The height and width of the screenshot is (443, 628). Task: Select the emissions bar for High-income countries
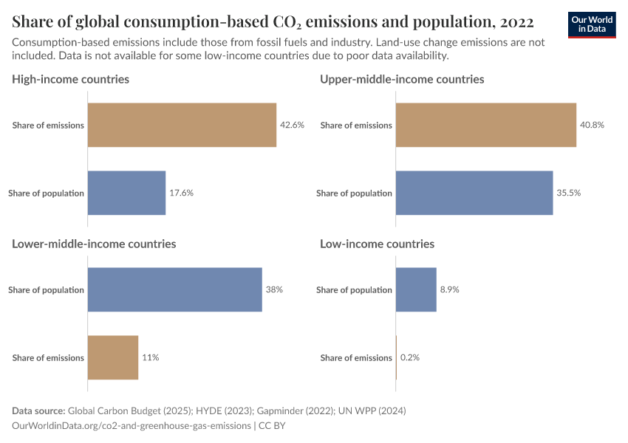(182, 125)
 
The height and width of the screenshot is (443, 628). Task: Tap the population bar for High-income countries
(126, 193)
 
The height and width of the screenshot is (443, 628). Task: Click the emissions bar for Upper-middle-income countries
(485, 125)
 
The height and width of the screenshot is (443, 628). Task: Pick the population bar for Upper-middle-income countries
(474, 193)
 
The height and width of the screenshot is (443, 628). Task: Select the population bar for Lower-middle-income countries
(175, 289)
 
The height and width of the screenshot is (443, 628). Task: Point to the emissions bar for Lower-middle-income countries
(113, 357)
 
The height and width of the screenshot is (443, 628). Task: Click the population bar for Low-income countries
(416, 289)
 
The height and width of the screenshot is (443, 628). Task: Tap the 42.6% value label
(292, 125)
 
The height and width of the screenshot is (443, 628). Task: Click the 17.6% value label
(181, 193)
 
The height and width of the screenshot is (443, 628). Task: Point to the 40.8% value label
(592, 125)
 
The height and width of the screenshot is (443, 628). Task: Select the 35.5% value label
(568, 193)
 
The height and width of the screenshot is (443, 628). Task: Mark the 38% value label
(274, 289)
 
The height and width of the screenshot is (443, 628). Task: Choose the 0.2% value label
(410, 357)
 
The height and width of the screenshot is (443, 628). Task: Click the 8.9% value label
(449, 289)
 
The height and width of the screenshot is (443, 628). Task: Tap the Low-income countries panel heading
(377, 244)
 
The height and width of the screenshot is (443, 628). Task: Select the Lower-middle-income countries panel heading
(94, 244)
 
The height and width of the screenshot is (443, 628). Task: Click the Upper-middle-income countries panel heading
(402, 79)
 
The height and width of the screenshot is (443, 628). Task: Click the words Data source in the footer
(38, 411)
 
